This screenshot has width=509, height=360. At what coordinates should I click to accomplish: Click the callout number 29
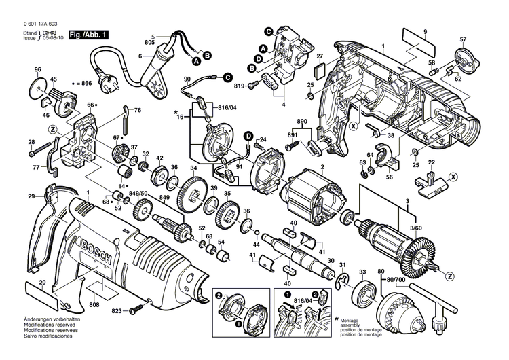pyautogui.click(x=31, y=196)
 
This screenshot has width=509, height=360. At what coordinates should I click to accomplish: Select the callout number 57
pyautogui.click(x=464, y=39)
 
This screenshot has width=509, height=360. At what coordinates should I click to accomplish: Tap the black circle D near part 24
pyautogui.click(x=248, y=136)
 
